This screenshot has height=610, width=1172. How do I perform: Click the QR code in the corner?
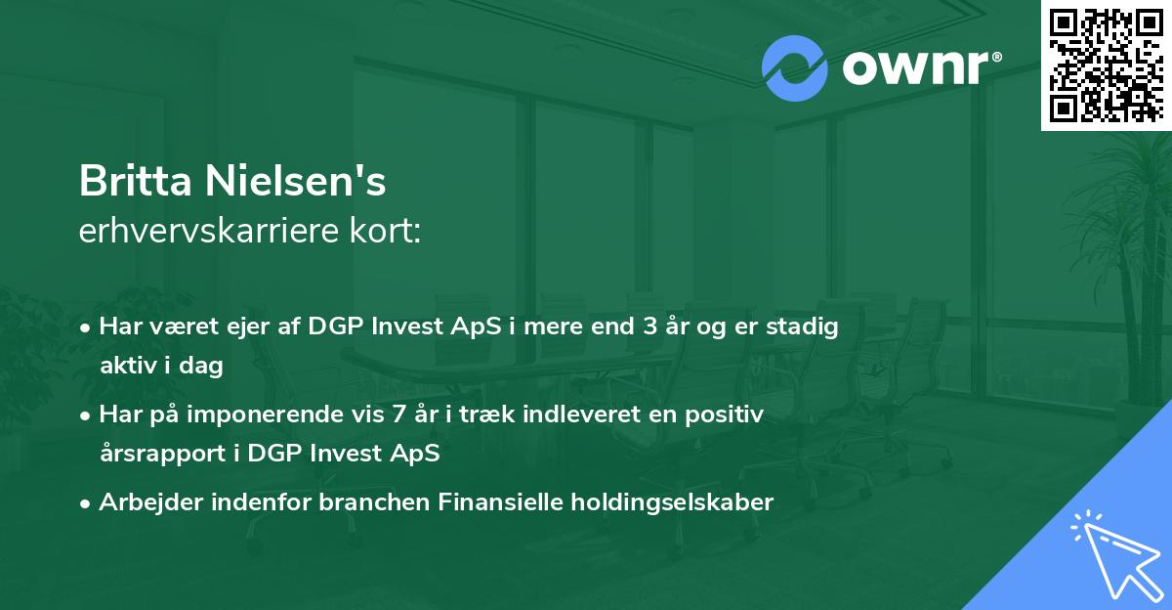click(x=1107, y=65)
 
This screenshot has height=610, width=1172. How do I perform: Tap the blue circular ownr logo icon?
click(x=795, y=68)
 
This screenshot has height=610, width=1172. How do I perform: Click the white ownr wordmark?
click(x=920, y=68)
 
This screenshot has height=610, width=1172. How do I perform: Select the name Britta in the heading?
click(x=136, y=181)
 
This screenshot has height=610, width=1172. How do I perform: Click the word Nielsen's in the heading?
click(x=296, y=181)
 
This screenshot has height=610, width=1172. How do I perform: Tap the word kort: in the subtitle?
click(x=385, y=231)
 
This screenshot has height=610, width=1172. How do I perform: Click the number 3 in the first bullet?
click(x=649, y=327)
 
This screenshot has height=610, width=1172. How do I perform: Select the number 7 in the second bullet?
click(x=398, y=414)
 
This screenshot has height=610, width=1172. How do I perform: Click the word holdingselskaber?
click(x=672, y=501)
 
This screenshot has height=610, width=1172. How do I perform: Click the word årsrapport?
click(x=163, y=454)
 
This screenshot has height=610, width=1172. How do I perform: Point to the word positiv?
click(x=724, y=414)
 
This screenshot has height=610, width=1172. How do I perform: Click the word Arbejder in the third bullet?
click(x=150, y=502)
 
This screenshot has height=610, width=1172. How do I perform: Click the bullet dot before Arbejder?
click(x=85, y=504)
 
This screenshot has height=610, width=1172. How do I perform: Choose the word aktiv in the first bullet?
click(x=128, y=365)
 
